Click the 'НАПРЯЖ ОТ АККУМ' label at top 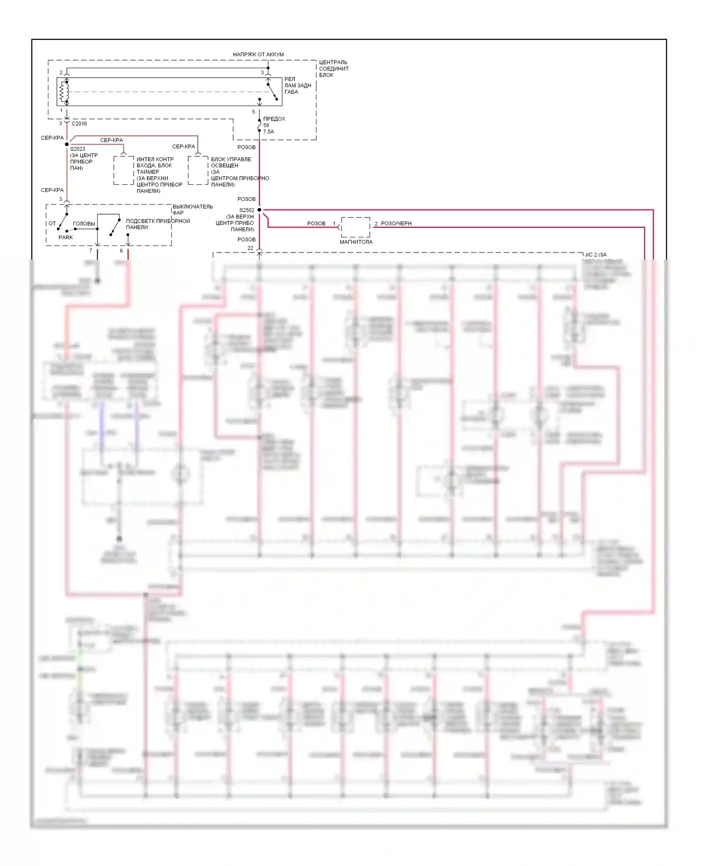[x=258, y=54]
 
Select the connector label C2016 [x=79, y=124]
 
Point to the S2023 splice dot [x=67, y=144]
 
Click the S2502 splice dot [x=259, y=209]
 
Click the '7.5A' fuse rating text [x=268, y=132]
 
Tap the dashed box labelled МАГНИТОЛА [x=355, y=227]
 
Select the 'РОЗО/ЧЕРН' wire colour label [x=396, y=224]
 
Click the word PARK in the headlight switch [x=66, y=237]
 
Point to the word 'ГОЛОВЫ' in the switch [x=84, y=224]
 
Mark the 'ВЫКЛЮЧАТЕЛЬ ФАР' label [x=192, y=209]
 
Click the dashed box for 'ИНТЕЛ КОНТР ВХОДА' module [x=123, y=170]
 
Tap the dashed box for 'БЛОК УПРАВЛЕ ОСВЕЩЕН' [x=198, y=170]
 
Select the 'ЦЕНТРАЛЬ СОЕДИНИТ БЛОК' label [x=333, y=69]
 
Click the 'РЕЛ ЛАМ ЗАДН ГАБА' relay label [x=298, y=85]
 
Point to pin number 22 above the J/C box [x=250, y=248]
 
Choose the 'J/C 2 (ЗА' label [x=595, y=255]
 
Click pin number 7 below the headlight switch [x=91, y=251]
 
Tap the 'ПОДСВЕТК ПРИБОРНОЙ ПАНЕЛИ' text [x=157, y=224]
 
